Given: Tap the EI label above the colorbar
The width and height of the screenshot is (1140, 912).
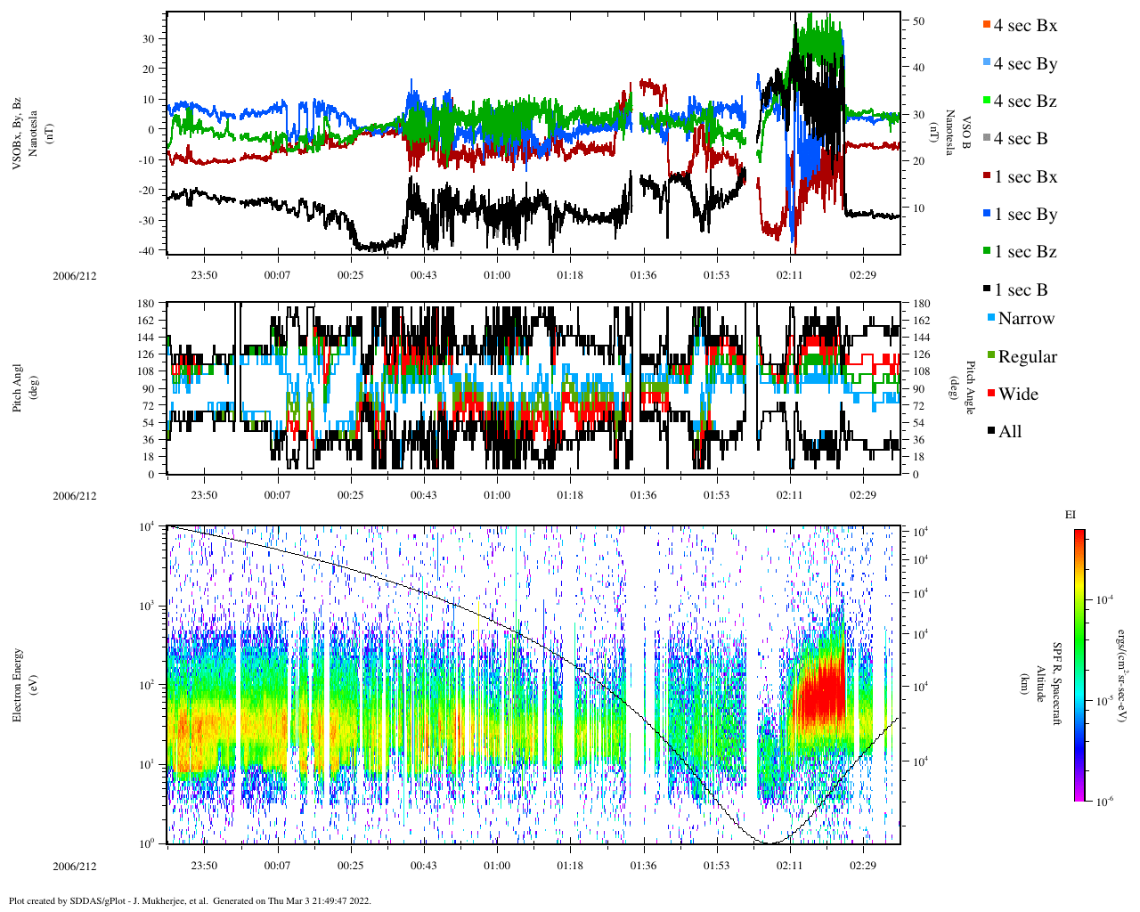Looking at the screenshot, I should (1071, 515).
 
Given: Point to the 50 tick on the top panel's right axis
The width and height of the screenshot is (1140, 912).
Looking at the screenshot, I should (918, 21).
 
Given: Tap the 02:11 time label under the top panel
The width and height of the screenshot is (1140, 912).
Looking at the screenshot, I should (790, 275).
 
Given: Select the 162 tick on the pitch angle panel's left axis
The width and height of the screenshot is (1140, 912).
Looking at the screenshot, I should (146, 321).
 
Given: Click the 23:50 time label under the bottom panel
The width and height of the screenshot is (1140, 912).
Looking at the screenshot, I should (204, 866).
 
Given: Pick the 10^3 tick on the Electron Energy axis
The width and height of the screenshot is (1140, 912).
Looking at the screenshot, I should (147, 606).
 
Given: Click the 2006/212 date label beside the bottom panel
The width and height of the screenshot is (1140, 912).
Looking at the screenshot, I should (75, 867).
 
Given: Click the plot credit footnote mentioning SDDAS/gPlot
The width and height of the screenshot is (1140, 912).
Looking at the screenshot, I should (190, 900).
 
